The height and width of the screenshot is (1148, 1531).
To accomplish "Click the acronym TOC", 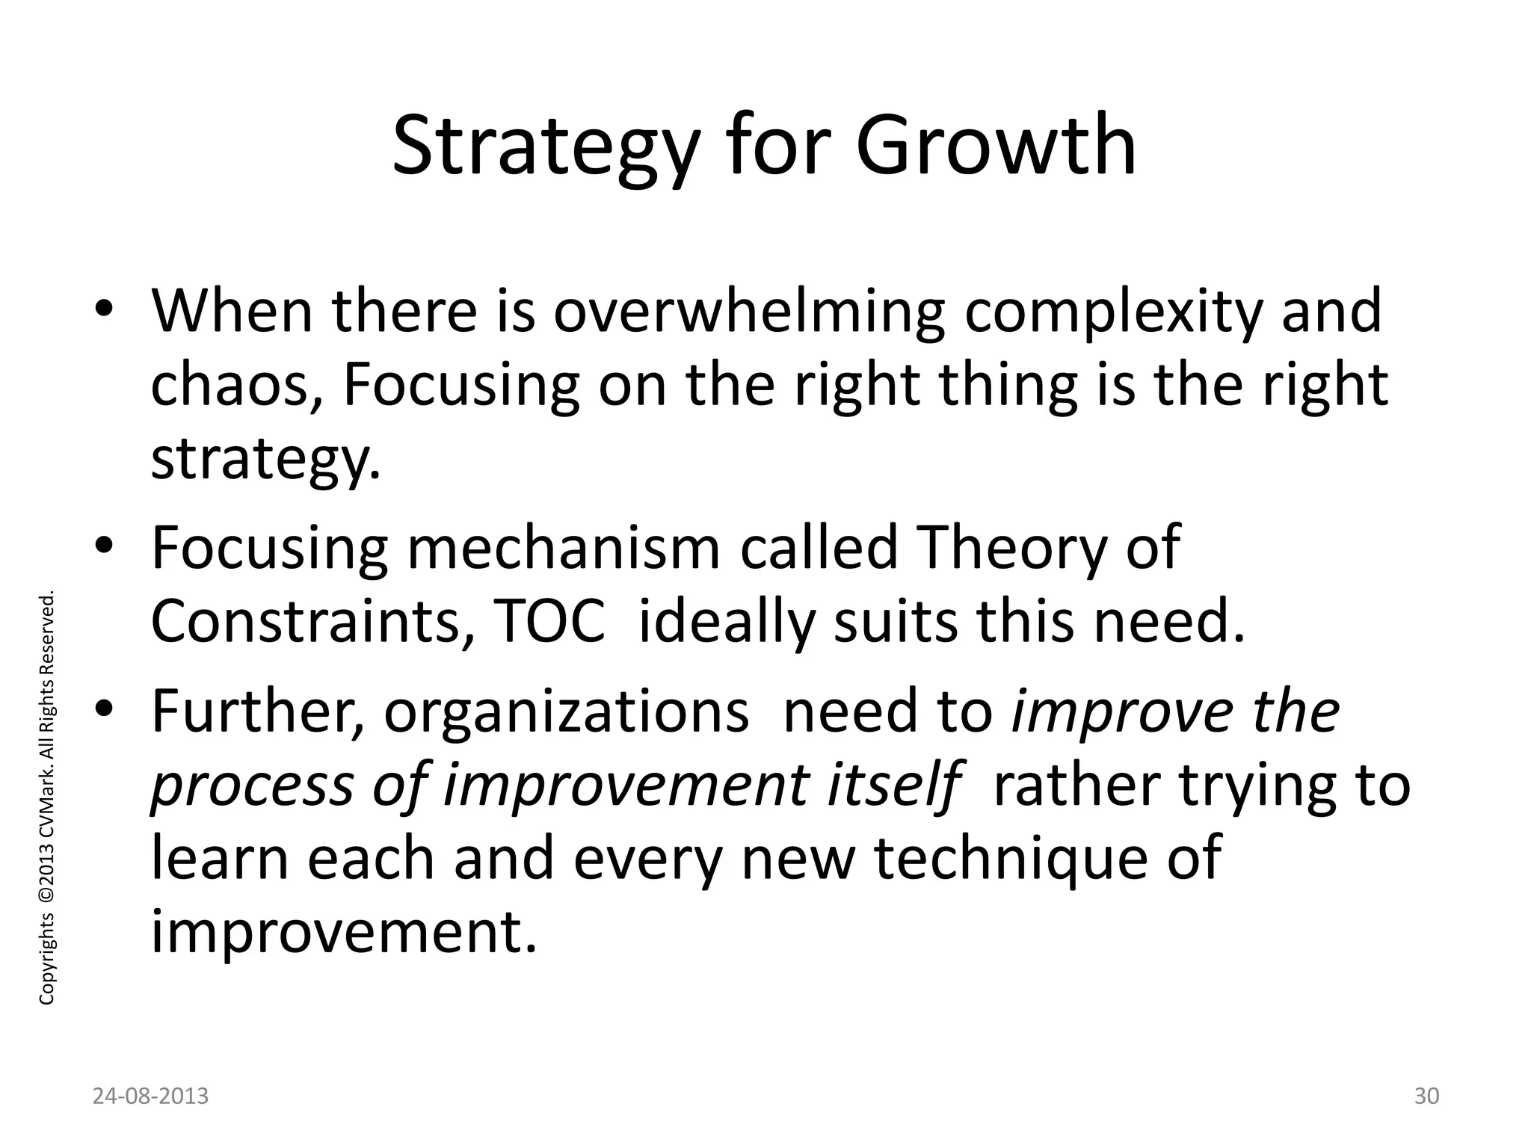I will click(549, 622).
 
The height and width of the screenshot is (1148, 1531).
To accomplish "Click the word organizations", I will click(566, 712).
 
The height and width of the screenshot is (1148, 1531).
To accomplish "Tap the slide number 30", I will click(1426, 1096).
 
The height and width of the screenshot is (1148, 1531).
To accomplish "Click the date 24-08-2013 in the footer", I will click(151, 1096).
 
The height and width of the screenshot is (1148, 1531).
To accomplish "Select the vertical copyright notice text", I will click(46, 798).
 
